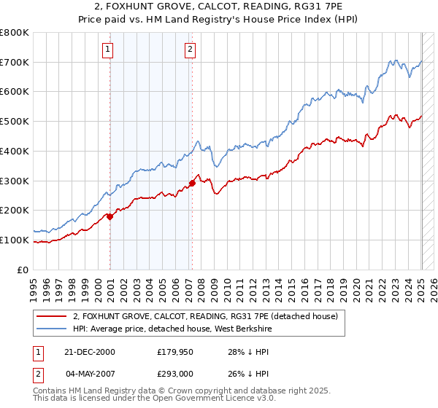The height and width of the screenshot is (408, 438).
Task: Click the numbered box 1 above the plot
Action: (x=107, y=50)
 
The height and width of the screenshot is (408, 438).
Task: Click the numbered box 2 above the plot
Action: (x=190, y=50)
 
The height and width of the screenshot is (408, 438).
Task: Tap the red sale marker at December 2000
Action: (x=110, y=216)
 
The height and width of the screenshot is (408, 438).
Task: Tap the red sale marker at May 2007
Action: (x=192, y=183)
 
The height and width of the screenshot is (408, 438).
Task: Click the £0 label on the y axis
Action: (x=23, y=270)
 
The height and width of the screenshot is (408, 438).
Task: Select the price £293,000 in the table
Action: (x=176, y=374)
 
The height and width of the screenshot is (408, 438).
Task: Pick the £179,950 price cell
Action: (x=176, y=352)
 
